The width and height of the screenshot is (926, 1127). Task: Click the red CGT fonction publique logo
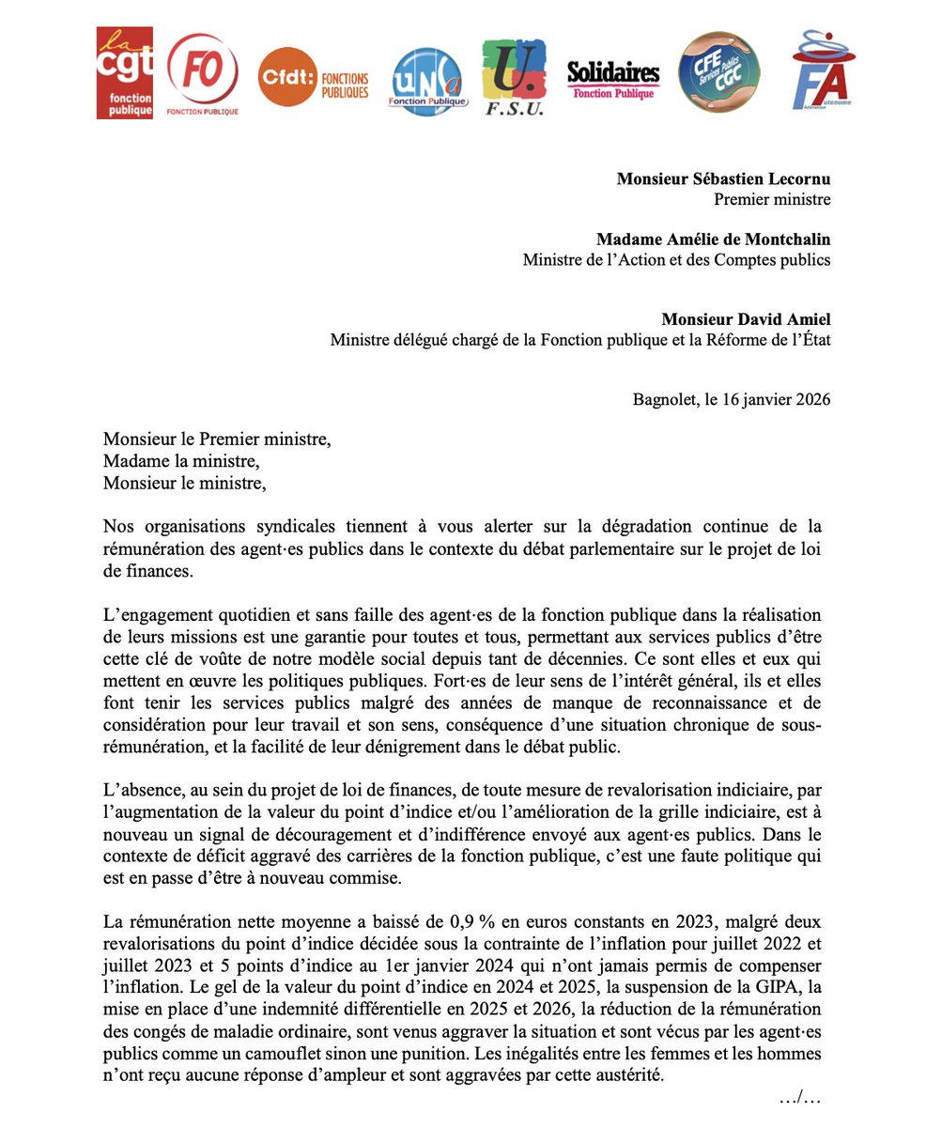pos(124,73)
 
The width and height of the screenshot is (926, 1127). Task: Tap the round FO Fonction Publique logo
pos(202,75)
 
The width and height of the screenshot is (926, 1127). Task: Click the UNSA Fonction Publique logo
pos(427,82)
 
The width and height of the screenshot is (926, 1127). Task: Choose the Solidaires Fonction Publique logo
pos(613,79)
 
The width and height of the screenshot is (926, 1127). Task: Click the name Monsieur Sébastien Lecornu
pos(723,178)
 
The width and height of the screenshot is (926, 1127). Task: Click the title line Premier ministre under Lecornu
pos(772,199)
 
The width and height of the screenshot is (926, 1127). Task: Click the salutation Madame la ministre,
pos(180,461)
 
